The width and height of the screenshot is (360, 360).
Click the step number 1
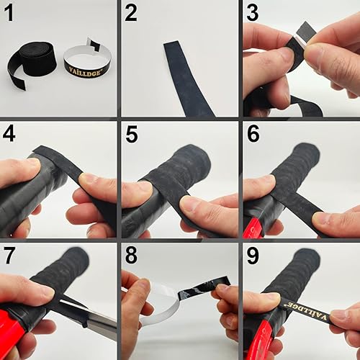tap(11, 12)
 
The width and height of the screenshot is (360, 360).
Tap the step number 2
tap(131, 12)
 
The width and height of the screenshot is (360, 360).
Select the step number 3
tap(252, 12)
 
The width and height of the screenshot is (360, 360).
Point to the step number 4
tap(11, 135)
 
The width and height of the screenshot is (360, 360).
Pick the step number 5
tap(131, 135)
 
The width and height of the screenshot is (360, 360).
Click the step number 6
tap(252, 135)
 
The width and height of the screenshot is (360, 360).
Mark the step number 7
tap(11, 255)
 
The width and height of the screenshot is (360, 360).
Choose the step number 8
tap(131, 255)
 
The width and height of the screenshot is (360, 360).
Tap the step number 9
tap(252, 255)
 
